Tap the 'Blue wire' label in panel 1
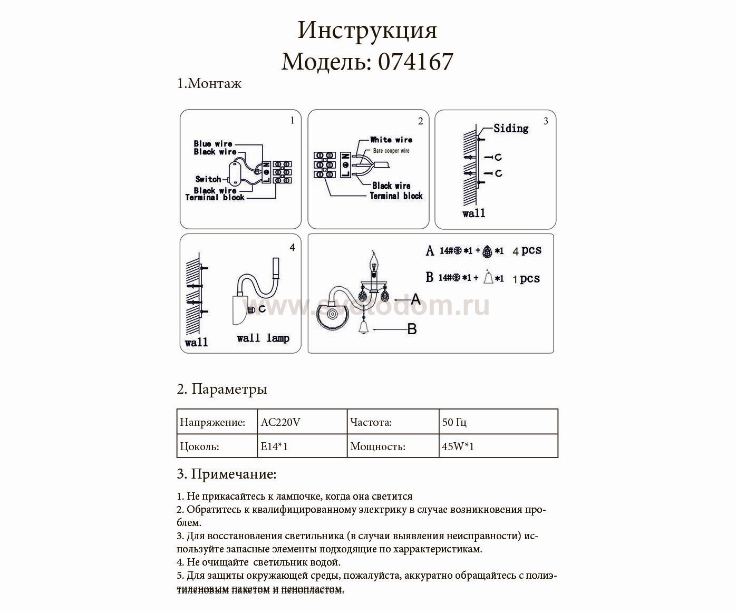coord(213,143)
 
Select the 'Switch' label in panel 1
coord(208,179)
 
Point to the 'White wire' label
coord(391,140)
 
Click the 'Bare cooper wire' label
coord(391,151)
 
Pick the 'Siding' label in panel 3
coord(511,128)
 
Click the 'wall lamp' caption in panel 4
coord(263,338)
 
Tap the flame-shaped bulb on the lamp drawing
coord(376,259)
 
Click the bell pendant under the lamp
coord(364,328)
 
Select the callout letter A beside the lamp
coord(415,299)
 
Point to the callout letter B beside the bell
coord(412,329)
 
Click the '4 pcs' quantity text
coord(527,250)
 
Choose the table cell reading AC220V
coord(281,422)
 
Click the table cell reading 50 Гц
coord(454,422)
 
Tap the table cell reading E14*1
coord(274,446)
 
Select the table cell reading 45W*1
coord(458,446)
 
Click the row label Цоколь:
coord(200,446)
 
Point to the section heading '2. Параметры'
coord(222,389)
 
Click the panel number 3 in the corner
coord(546,121)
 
